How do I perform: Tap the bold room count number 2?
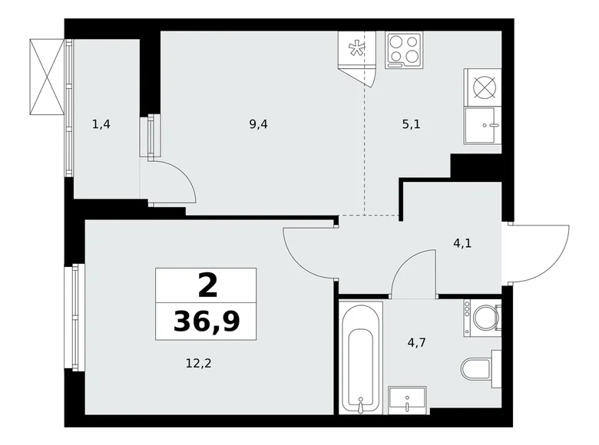pyautogui.click(x=207, y=285)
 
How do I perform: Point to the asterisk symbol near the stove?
pyautogui.click(x=356, y=49)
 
